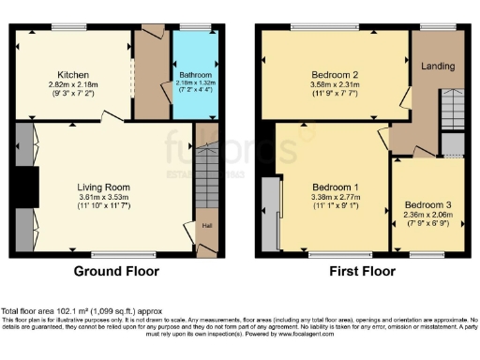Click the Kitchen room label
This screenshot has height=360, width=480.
tap(72, 73)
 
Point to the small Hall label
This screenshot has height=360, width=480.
tap(204, 226)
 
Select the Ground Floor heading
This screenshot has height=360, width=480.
tap(117, 272)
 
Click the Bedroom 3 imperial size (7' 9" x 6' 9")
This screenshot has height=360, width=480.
tap(427, 225)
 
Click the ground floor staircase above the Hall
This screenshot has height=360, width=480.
tap(205, 178)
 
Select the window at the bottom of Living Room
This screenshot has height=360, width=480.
tap(112, 254)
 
